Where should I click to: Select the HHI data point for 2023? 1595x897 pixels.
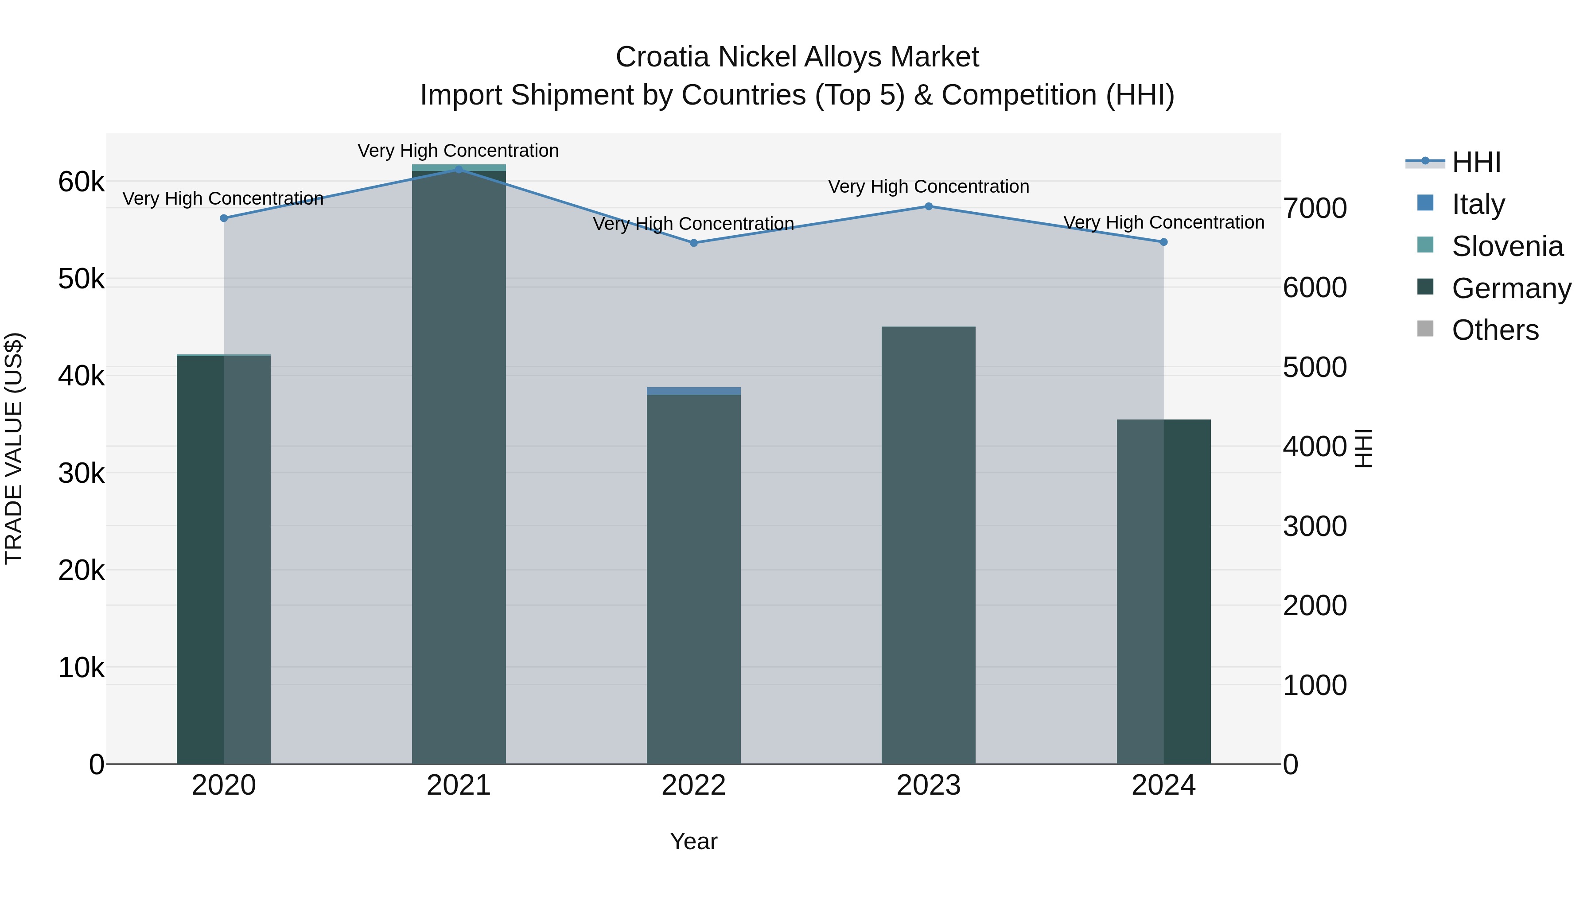tap(928, 206)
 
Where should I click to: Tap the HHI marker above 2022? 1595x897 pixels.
tap(693, 243)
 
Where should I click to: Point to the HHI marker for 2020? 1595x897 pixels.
tap(224, 218)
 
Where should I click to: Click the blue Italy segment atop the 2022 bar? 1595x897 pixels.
tap(693, 391)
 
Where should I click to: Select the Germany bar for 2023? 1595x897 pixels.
tap(928, 545)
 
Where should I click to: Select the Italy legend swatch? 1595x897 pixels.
tap(1425, 203)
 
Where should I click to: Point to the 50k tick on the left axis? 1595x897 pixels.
tap(81, 279)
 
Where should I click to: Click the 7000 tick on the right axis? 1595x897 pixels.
tap(1315, 208)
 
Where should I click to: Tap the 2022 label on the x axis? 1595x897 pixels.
tap(693, 785)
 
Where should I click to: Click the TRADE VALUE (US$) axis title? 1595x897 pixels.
tap(14, 448)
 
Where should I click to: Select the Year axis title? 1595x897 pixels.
tap(693, 841)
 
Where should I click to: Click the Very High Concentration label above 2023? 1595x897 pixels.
tap(928, 186)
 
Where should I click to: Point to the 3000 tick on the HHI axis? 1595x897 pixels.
tap(1315, 526)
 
